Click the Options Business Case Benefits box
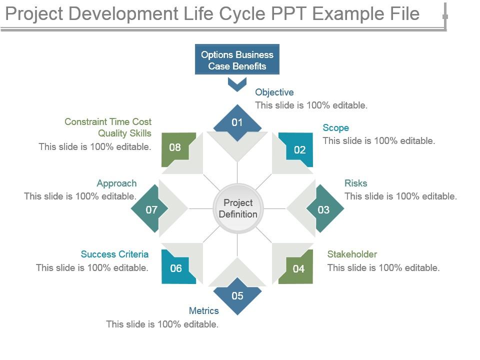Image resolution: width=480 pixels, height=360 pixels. click(x=237, y=60)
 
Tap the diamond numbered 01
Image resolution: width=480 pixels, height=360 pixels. click(x=237, y=122)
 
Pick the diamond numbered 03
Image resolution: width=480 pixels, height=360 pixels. click(x=324, y=209)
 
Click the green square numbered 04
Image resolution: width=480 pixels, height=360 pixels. click(x=297, y=268)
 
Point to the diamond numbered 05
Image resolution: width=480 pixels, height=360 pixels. click(x=237, y=296)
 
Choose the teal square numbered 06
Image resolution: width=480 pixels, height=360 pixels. click(x=177, y=268)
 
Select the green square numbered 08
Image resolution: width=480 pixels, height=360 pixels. click(x=176, y=148)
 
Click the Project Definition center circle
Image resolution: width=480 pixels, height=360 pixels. click(x=238, y=208)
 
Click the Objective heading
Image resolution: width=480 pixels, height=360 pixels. click(x=274, y=92)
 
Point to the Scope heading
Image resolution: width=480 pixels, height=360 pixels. click(x=336, y=128)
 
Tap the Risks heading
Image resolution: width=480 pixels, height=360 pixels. click(x=356, y=183)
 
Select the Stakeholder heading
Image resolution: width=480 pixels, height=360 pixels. click(x=352, y=254)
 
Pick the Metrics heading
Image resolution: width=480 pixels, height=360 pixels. click(x=203, y=311)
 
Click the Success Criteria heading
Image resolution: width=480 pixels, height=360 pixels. click(x=114, y=254)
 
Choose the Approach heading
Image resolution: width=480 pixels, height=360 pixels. click(x=116, y=183)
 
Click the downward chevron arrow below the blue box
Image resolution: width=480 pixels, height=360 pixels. click(x=237, y=84)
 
